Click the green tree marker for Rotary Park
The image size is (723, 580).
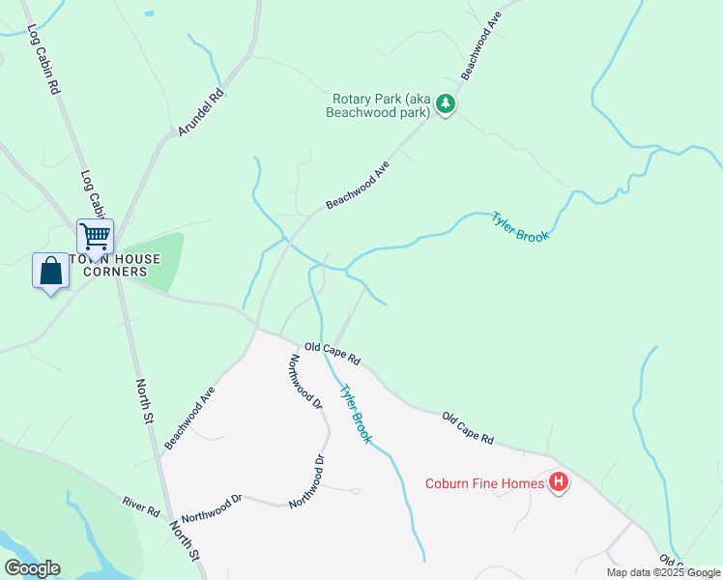pyautogui.click(x=445, y=104)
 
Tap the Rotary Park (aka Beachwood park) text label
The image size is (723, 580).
pyautogui.click(x=380, y=105)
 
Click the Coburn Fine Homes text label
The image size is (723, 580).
pyautogui.click(x=484, y=483)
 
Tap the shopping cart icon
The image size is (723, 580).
pyautogui.click(x=95, y=235)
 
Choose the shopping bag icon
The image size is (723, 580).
pyautogui.click(x=50, y=271)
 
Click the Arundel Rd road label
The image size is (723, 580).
pyautogui.click(x=200, y=112)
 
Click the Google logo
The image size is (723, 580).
pyautogui.click(x=32, y=568)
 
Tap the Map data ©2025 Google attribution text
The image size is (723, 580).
pyautogui.click(x=663, y=572)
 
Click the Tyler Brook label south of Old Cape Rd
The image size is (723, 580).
pyautogui.click(x=355, y=414)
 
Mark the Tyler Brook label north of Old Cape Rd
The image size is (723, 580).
pyautogui.click(x=520, y=226)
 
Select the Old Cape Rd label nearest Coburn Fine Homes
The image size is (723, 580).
pyautogui.click(x=468, y=428)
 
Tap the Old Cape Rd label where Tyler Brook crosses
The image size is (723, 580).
pyautogui.click(x=332, y=353)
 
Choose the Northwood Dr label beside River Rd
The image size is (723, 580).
pyautogui.click(x=211, y=508)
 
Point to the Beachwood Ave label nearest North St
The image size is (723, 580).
pyautogui.click(x=188, y=419)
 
